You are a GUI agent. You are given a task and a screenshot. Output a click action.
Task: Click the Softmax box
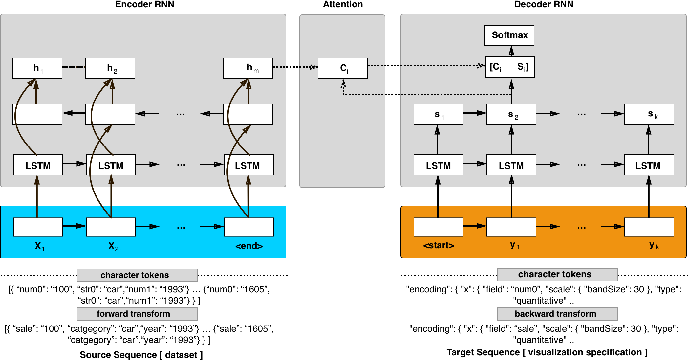(509, 35)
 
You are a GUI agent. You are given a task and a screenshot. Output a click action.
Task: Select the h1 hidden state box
(37, 68)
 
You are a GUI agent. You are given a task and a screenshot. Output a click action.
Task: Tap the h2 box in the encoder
(110, 68)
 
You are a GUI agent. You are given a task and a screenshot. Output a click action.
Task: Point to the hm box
(248, 68)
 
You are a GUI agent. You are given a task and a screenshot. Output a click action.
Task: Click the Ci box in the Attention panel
(343, 68)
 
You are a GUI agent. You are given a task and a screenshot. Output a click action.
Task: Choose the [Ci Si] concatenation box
(510, 67)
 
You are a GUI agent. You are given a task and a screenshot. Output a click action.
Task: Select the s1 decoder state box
(439, 114)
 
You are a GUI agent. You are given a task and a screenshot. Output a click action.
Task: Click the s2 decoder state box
(511, 114)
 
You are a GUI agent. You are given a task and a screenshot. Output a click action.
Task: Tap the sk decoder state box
(649, 114)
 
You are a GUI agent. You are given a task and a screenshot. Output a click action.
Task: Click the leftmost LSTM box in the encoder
(38, 165)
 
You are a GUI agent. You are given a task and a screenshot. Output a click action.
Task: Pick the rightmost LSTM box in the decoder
(649, 165)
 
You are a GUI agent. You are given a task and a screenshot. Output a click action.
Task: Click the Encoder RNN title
(145, 4)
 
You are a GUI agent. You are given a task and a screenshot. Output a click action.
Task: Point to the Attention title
(343, 4)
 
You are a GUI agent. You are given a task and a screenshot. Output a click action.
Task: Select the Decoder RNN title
(544, 4)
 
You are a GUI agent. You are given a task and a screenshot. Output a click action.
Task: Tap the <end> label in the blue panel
(249, 246)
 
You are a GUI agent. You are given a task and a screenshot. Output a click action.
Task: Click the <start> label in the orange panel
(439, 245)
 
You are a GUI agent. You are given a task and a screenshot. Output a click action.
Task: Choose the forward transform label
(134, 314)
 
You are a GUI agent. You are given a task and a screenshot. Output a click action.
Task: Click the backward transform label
(555, 314)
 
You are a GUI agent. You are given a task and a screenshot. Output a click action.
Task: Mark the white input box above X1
(38, 227)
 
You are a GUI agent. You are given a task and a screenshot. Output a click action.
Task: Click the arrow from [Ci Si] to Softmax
(511, 51)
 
